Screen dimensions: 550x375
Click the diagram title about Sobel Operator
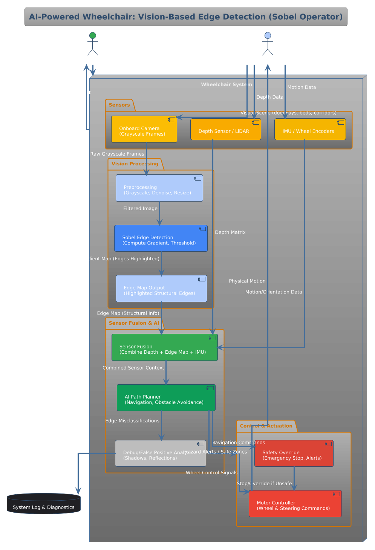(186, 17)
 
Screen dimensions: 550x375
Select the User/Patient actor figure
(93, 44)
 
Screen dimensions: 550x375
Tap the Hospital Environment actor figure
(268, 44)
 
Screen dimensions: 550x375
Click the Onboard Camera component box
(144, 129)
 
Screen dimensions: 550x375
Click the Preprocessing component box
(159, 188)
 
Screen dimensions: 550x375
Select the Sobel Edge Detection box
(161, 238)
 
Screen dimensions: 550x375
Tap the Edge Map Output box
(161, 289)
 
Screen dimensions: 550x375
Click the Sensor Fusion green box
(164, 347)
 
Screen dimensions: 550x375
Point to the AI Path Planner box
(166, 398)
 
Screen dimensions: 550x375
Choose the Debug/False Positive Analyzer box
(160, 454)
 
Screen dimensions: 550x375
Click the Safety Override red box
(294, 454)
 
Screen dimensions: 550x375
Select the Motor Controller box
(295, 504)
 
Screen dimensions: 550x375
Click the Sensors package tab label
(119, 105)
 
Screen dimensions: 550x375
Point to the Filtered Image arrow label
(140, 208)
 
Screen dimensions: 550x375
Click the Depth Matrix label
(230, 232)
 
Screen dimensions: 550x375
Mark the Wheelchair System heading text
(226, 84)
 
